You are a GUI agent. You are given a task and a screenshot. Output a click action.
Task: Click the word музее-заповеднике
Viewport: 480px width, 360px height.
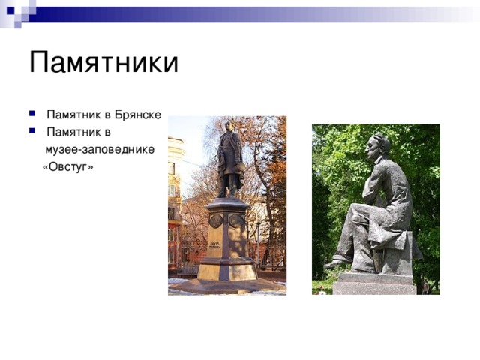point(100,149)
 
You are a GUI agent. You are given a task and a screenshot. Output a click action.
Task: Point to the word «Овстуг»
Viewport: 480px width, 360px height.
point(68,166)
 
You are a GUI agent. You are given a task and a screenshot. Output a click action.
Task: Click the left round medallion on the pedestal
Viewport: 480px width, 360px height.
point(216,220)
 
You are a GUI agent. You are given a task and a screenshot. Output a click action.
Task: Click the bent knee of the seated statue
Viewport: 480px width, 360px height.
point(361,213)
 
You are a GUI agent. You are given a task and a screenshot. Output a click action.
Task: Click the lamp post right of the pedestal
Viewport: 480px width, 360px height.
point(259,240)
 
